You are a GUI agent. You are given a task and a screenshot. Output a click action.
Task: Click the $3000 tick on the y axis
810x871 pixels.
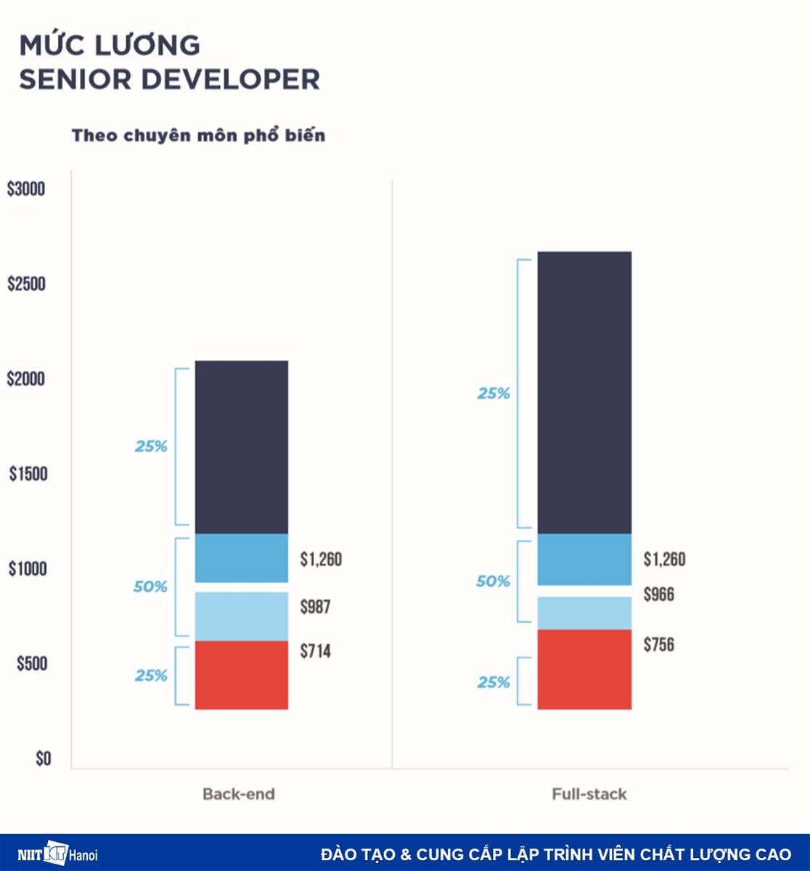[x=26, y=189]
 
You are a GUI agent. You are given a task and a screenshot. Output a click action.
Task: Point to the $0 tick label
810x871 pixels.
[x=43, y=759]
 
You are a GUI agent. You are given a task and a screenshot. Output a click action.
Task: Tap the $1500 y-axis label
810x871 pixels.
[x=28, y=474]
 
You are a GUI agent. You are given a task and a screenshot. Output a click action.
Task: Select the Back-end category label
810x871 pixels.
[x=239, y=793]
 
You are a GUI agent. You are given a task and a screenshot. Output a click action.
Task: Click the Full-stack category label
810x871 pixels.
[x=589, y=793]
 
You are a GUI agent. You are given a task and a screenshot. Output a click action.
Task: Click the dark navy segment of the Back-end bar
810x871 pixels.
[x=242, y=446]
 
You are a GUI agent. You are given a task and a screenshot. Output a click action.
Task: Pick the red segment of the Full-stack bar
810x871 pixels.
[x=584, y=668]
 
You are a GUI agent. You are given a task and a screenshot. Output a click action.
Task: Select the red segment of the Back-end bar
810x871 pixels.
[x=242, y=674]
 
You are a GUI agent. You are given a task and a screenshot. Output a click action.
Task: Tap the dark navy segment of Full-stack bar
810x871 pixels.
[x=584, y=392]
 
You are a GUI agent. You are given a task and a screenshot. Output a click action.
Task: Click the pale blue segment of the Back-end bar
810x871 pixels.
[x=242, y=616]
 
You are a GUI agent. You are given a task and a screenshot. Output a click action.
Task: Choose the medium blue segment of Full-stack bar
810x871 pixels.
[x=584, y=559]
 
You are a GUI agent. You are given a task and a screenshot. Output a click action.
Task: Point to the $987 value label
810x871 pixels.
[x=316, y=606]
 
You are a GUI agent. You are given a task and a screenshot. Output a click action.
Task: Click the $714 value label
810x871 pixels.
[x=316, y=651]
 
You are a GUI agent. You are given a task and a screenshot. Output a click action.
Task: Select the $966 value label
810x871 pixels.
[x=658, y=595]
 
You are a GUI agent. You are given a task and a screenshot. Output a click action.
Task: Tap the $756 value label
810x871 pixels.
[x=658, y=644]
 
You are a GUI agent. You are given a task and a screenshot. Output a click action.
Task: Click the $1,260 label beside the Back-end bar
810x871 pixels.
[x=321, y=560]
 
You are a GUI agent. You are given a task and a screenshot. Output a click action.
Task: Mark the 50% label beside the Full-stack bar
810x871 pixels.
[x=494, y=581]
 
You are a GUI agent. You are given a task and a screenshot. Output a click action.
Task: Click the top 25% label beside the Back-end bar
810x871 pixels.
[x=151, y=446]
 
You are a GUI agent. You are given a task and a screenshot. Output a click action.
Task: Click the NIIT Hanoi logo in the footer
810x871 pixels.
[x=57, y=854]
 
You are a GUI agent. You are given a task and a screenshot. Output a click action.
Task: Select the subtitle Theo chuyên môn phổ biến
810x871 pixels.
[x=198, y=136]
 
